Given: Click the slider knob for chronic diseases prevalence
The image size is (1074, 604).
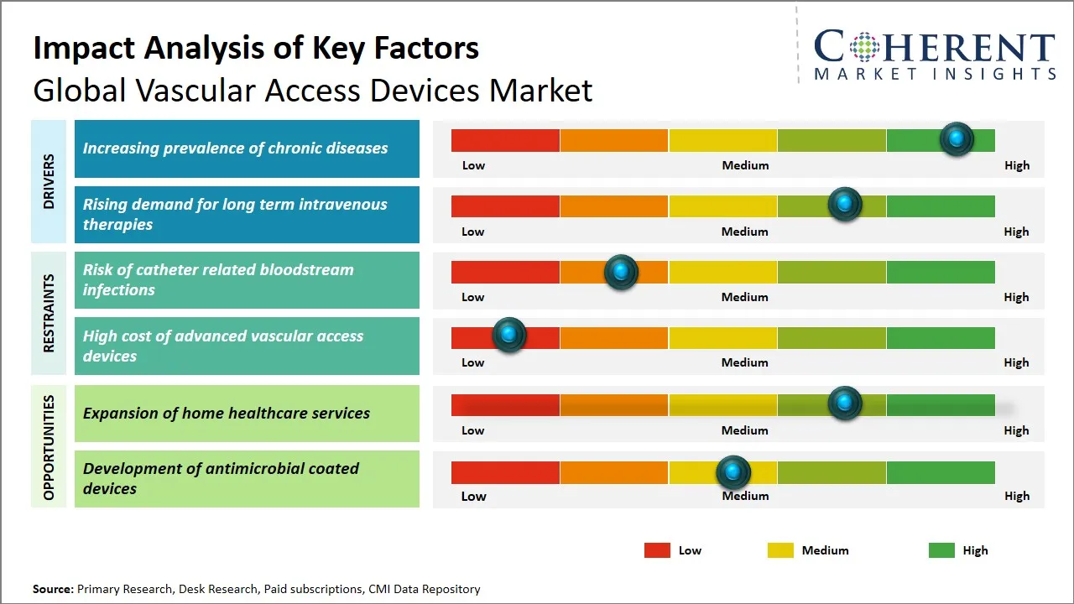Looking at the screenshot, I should click(x=956, y=138).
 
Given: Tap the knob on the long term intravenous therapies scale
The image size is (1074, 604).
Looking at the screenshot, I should click(x=844, y=204).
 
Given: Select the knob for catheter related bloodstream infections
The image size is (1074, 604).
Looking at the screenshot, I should click(x=621, y=271).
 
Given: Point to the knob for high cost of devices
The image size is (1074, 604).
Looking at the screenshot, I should click(x=508, y=335).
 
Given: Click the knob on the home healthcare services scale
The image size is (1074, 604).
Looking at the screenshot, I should click(x=844, y=404).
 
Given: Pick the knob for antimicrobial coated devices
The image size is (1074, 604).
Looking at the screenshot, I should click(x=733, y=472).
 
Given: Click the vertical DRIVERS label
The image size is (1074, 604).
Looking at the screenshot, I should click(x=49, y=181).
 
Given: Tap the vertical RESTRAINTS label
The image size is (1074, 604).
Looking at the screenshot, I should click(x=49, y=313).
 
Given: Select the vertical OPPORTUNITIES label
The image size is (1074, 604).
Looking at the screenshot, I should click(x=49, y=447).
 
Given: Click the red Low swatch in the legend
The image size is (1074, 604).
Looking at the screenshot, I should click(x=657, y=550).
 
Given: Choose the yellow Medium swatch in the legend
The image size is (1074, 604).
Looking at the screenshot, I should click(x=780, y=550).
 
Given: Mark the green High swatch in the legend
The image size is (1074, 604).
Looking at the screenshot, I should click(x=941, y=550).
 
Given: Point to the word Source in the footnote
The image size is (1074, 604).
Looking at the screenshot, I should click(x=53, y=589).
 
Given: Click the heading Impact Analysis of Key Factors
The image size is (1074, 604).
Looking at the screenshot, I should click(x=256, y=48).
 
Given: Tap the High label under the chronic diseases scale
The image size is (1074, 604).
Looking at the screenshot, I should click(x=1016, y=165).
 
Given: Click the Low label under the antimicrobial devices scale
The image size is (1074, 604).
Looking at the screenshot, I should click(x=473, y=496).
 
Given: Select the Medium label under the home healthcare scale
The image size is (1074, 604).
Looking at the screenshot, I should click(x=744, y=430).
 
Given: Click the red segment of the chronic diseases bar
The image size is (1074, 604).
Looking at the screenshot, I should click(x=505, y=140).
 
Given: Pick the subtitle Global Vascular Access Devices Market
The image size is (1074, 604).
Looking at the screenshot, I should click(x=312, y=90).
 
